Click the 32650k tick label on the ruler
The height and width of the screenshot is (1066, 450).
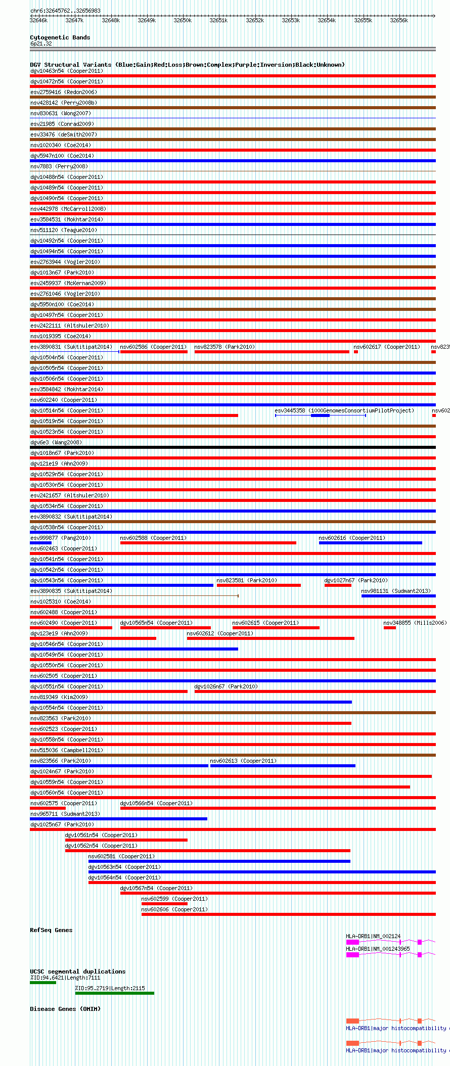point(183,21)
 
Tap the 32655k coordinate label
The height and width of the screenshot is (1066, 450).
point(363,21)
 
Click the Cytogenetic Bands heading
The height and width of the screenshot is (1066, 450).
point(60,37)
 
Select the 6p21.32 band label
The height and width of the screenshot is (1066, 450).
point(41,44)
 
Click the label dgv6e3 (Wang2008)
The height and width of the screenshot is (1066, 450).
point(56,443)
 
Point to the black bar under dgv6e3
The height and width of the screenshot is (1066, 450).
point(233,447)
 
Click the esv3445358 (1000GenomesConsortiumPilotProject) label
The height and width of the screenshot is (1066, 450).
point(344,411)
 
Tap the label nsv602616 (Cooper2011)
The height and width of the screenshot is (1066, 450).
point(352,538)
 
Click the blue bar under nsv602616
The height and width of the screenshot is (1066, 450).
point(370,543)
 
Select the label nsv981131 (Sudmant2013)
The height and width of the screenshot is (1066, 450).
point(395,591)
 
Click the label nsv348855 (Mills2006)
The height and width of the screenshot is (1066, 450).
point(415,623)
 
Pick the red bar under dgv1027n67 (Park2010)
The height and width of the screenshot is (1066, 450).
point(338,585)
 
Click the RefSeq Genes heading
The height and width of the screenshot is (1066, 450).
point(51,930)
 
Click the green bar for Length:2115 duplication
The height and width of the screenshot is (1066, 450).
point(114,993)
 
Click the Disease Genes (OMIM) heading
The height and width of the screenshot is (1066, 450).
point(65,1009)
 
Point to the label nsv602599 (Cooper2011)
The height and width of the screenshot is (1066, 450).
point(174,899)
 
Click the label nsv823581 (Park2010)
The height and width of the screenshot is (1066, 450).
point(247,581)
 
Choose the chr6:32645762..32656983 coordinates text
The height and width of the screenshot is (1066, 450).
point(65,11)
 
